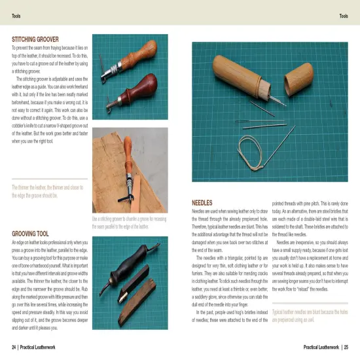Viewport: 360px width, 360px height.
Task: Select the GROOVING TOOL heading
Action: [31, 233]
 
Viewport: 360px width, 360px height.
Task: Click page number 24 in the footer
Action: [14, 346]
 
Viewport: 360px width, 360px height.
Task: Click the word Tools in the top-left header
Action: [16, 16]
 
